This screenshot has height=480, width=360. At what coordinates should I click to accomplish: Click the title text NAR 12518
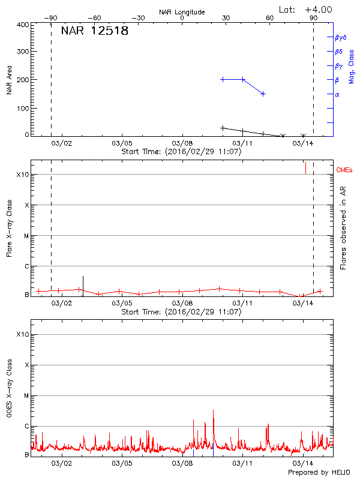click(95, 31)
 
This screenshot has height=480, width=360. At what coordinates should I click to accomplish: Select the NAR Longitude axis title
click(182, 12)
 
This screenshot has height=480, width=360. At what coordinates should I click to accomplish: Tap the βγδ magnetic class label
click(340, 37)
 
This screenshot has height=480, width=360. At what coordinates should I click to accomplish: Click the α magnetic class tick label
click(337, 94)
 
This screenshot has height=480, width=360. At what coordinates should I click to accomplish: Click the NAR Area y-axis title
click(9, 80)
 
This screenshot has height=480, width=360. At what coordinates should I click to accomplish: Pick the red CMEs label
click(346, 172)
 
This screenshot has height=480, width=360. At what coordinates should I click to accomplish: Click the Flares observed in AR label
click(343, 229)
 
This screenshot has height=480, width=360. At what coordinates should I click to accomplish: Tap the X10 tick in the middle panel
click(23, 175)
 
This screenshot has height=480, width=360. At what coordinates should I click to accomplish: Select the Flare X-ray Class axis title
click(9, 229)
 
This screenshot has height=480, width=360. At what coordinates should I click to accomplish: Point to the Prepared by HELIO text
click(319, 473)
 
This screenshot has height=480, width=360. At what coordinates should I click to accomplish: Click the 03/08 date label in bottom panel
click(182, 464)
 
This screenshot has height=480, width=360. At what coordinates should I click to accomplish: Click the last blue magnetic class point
click(263, 94)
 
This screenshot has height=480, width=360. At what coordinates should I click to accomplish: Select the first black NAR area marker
click(223, 128)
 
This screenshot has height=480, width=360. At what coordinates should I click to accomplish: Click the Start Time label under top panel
click(181, 152)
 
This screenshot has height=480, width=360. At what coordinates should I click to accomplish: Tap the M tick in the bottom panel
click(26, 396)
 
